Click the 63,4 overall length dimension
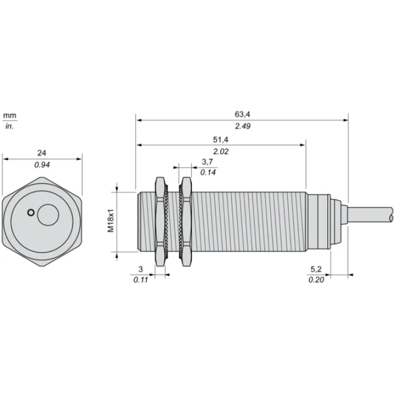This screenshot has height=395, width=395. pyautogui.click(x=242, y=115)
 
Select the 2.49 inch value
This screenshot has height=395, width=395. pyautogui.click(x=243, y=126)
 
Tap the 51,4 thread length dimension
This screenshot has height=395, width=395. pyautogui.click(x=221, y=139)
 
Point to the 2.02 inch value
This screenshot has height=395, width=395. pyautogui.click(x=221, y=151)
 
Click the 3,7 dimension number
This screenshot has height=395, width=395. pyautogui.click(x=207, y=162)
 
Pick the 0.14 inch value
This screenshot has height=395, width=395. pyautogui.click(x=208, y=172)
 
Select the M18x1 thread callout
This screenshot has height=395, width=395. pyautogui.click(x=111, y=221)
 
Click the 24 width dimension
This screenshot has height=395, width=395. pyautogui.click(x=42, y=153)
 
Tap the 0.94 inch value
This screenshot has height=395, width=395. pyautogui.click(x=42, y=165)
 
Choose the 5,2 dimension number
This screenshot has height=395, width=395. pyautogui.click(x=316, y=269)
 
